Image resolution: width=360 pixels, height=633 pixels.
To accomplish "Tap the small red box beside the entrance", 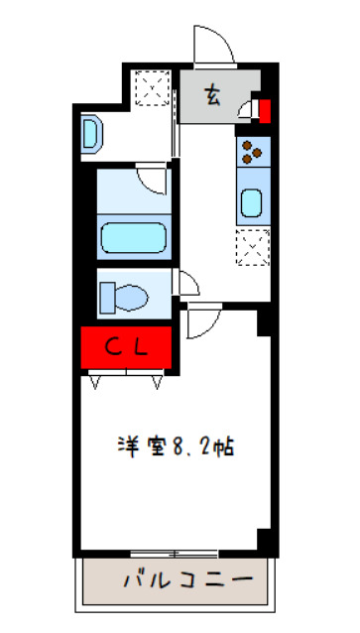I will (x=264, y=108).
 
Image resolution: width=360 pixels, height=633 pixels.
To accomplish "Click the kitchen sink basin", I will (x=250, y=203).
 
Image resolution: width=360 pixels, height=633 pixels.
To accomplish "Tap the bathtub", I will (x=136, y=239).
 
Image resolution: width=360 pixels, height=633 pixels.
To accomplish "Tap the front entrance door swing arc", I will (x=213, y=47).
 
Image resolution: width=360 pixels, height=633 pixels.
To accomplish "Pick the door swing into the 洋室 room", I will (x=200, y=320).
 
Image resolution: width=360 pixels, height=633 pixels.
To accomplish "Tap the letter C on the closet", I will (x=114, y=347).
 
